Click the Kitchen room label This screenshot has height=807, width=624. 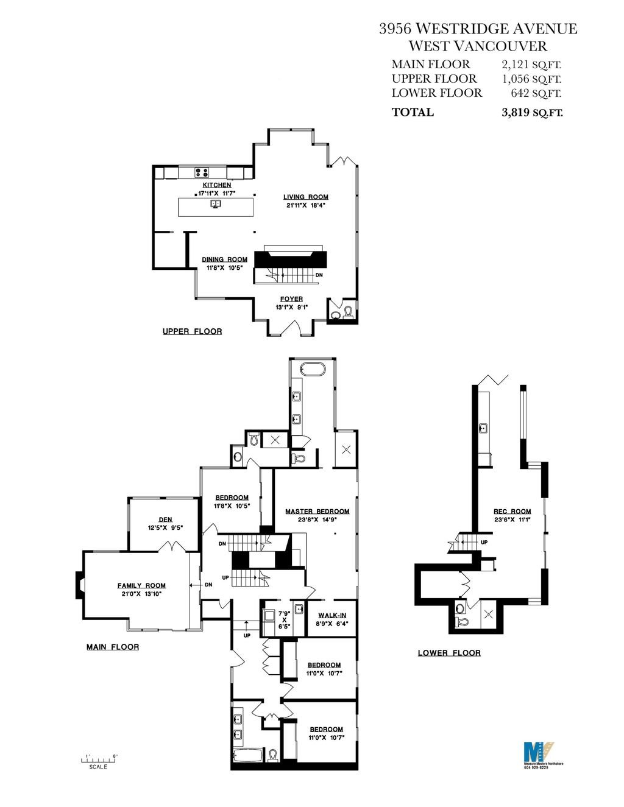tap(217, 185)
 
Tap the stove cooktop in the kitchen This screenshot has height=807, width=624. tap(202, 172)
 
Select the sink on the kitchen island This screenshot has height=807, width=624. tap(216, 203)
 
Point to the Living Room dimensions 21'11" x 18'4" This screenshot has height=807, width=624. tap(306, 205)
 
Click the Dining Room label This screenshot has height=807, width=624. tap(225, 259)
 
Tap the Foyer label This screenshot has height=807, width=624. tap(291, 299)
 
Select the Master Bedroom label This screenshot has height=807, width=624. tap(317, 512)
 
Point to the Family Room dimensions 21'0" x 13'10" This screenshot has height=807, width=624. tap(141, 594)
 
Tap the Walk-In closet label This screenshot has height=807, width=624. tap(332, 616)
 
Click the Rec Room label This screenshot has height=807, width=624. tap(512, 512)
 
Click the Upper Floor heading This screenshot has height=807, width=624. tap(193, 331)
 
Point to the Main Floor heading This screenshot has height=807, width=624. tap(113, 647)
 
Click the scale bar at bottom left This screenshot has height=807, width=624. tap(99, 760)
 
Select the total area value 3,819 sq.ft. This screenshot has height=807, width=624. tap(532, 112)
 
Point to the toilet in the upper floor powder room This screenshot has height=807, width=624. tap(349, 312)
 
